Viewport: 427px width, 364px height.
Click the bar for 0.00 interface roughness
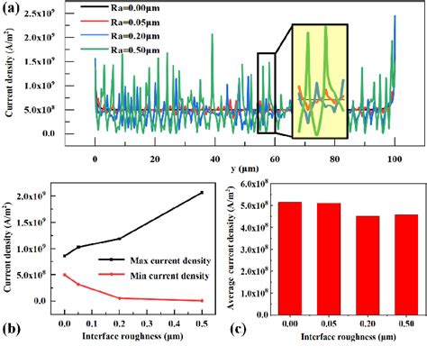coord(289,260)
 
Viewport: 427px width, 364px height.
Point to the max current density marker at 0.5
coord(202,192)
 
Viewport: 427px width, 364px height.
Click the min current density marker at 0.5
coord(202,300)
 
